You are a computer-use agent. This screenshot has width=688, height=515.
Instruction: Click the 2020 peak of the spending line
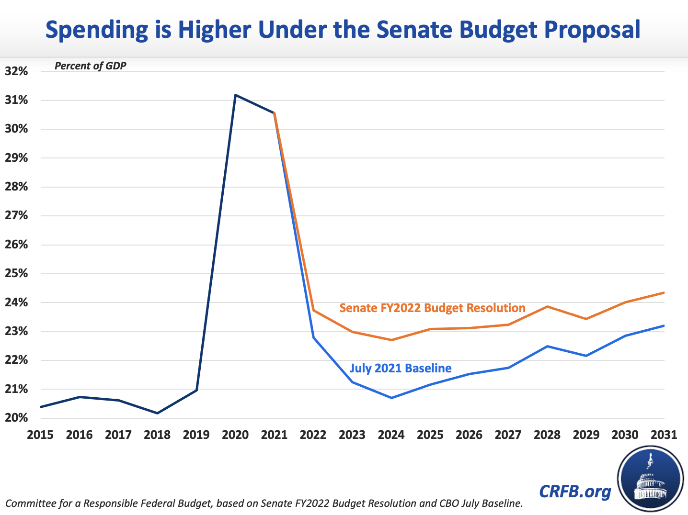pos(235,95)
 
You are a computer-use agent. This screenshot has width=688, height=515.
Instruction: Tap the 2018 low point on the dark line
pos(158,413)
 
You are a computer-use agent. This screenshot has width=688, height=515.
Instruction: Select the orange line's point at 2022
pos(313,310)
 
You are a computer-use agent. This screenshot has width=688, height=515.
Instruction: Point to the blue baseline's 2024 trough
pos(391,398)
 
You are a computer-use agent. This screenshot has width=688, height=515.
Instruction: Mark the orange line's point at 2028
pos(547,306)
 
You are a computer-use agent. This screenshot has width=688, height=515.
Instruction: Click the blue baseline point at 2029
pos(586,356)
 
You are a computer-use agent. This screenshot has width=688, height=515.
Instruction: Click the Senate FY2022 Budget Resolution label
pos(432,308)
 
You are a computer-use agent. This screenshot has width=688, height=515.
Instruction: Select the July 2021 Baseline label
pos(401,368)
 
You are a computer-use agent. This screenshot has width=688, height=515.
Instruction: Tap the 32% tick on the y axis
pos(16,71)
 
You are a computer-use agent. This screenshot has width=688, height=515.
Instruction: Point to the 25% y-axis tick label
pos(16,274)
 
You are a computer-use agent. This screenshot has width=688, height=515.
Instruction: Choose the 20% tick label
pos(16,418)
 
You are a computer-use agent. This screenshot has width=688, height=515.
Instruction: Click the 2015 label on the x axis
pos(40,435)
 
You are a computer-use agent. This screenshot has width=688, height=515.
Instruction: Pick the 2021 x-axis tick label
pos(274,435)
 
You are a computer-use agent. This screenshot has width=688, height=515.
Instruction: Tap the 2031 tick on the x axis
pos(664,435)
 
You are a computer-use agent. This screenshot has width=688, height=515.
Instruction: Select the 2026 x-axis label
pos(469,435)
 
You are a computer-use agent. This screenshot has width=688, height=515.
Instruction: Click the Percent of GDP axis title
pos(90,66)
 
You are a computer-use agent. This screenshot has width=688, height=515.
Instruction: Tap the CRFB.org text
pos(575,492)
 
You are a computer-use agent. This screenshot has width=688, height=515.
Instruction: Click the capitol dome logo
pos(650,480)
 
